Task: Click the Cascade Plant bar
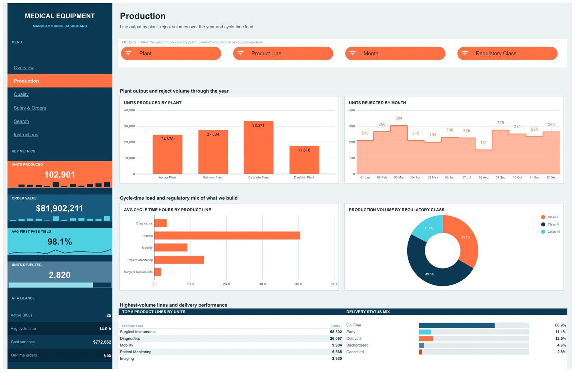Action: (x=258, y=148)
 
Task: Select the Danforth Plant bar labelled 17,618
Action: (x=304, y=160)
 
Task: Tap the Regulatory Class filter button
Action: (x=507, y=54)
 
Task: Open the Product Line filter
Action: (x=283, y=54)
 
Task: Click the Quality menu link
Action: (x=21, y=94)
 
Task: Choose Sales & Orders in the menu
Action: (x=30, y=108)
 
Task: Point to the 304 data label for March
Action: (x=399, y=118)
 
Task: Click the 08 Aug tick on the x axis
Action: (x=483, y=177)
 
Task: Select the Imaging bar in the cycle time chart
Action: (x=227, y=235)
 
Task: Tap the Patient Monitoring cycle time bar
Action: (x=179, y=260)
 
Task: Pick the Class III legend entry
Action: (x=550, y=232)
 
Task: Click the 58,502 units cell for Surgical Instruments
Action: (x=336, y=332)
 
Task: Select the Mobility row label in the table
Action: (x=126, y=345)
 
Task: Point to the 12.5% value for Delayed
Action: (x=560, y=338)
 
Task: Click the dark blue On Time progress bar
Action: (x=457, y=325)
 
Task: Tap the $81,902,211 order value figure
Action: (x=60, y=208)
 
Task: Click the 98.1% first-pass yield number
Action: (x=60, y=242)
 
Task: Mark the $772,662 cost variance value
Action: (x=102, y=342)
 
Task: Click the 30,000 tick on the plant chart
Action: (x=129, y=126)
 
